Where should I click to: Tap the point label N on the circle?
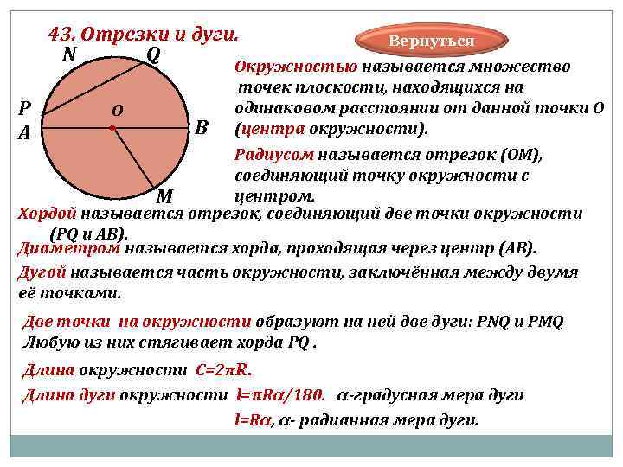68,54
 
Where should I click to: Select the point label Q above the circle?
152,54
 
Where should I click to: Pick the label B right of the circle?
202,127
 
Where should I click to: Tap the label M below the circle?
164,195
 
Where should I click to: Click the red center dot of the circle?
113,128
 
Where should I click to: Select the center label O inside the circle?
117,110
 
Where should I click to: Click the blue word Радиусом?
274,154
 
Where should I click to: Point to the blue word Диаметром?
69,248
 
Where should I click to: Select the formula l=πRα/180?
280,395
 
